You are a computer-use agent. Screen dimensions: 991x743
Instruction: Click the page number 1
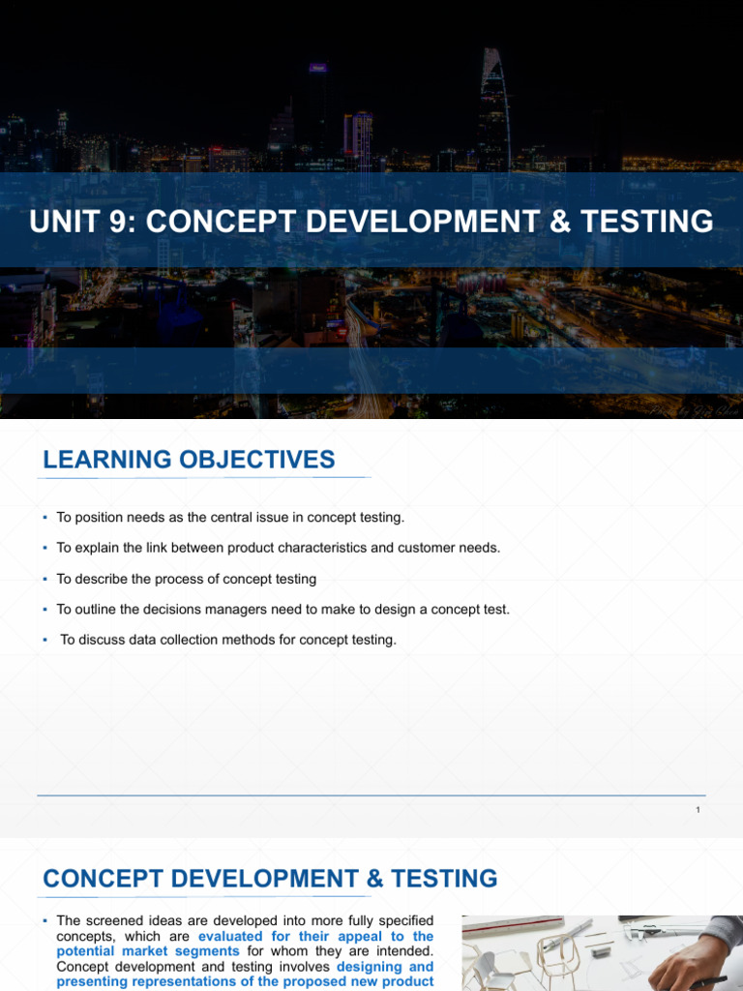tap(698, 810)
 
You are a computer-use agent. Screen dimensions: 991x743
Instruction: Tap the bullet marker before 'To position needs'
tap(45, 518)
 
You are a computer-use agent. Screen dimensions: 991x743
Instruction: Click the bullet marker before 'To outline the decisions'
tap(45, 610)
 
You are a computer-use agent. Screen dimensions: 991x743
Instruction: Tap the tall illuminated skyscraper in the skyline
tap(492, 106)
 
